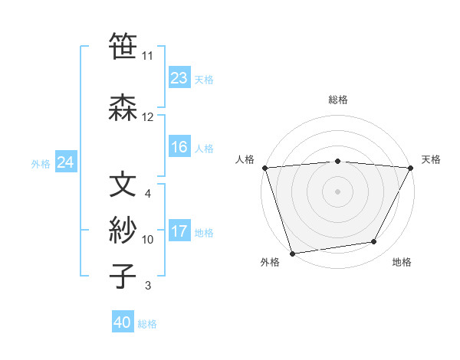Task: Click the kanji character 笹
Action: point(123,47)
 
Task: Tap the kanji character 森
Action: point(123,109)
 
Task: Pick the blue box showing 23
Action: point(179,78)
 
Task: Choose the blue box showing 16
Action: point(179,147)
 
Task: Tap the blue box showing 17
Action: point(179,231)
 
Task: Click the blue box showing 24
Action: point(65,162)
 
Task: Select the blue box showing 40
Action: point(123,322)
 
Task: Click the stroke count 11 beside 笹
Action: point(147,56)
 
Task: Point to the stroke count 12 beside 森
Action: point(147,117)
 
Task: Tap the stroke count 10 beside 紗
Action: point(147,240)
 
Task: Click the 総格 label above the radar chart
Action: point(337,100)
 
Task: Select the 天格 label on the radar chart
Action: point(432,159)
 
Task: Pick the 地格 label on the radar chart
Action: point(402,262)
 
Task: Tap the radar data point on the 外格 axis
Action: point(292,253)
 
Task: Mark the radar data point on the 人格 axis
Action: point(264,167)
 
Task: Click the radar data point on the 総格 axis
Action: point(337,161)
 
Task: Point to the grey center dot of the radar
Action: point(337,191)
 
